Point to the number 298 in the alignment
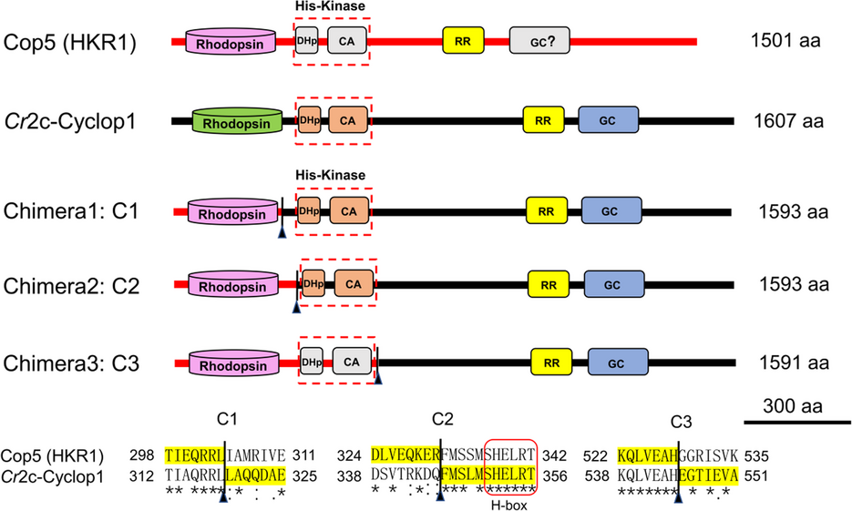tap(146, 455)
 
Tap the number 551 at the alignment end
tap(762, 475)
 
